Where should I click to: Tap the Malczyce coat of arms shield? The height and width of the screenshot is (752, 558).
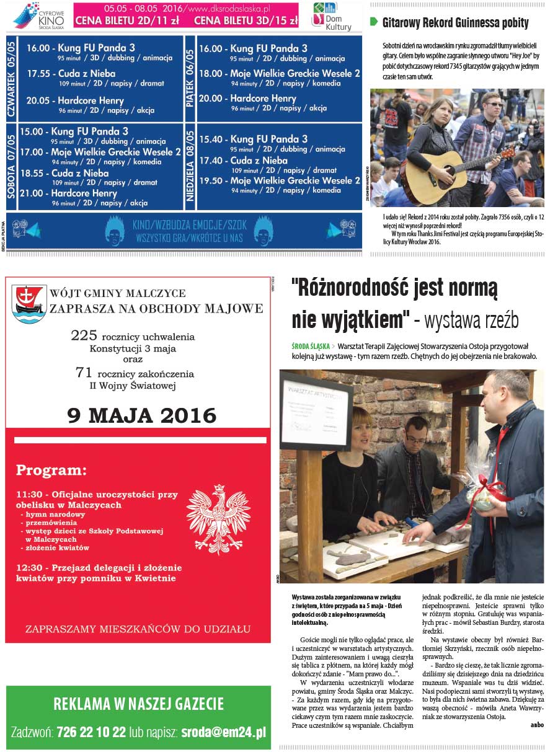coord(29,304)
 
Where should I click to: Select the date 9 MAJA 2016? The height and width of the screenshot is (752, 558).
coord(142,415)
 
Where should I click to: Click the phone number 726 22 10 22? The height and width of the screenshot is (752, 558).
coord(91,731)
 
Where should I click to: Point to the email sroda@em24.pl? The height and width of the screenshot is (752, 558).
coord(223,731)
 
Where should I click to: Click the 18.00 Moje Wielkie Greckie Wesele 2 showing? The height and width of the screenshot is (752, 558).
coord(279,73)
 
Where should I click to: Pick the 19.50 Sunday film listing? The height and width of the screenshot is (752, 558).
coord(279,180)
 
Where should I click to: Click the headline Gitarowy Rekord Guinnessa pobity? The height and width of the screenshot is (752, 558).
coord(455,24)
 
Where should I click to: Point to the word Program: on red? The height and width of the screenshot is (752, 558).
coord(51,469)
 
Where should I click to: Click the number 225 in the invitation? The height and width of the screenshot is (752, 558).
coord(84,335)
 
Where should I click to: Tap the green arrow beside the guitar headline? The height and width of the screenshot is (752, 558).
coord(374,22)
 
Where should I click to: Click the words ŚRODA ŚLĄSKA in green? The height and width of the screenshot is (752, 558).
coord(311,346)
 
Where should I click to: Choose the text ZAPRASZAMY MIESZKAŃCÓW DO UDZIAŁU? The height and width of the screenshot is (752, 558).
coord(138,629)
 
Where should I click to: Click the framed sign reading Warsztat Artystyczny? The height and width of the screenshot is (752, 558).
coord(316,411)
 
